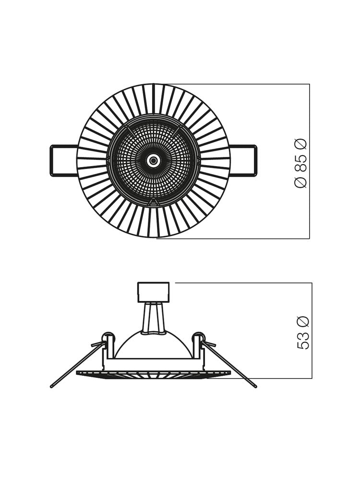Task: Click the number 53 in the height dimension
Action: [x=303, y=340]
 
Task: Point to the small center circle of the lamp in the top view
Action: [x=153, y=161]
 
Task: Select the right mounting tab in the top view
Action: [x=243, y=160]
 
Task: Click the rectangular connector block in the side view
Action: [x=153, y=292]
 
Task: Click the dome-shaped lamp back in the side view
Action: [x=153, y=346]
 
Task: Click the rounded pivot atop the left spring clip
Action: [x=108, y=336]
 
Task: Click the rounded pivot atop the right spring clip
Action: [x=198, y=336]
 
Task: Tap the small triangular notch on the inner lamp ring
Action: [x=153, y=203]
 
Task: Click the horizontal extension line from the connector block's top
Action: [x=240, y=283]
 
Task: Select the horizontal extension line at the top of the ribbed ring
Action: [x=240, y=84]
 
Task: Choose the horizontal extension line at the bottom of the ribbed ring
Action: [x=240, y=239]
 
